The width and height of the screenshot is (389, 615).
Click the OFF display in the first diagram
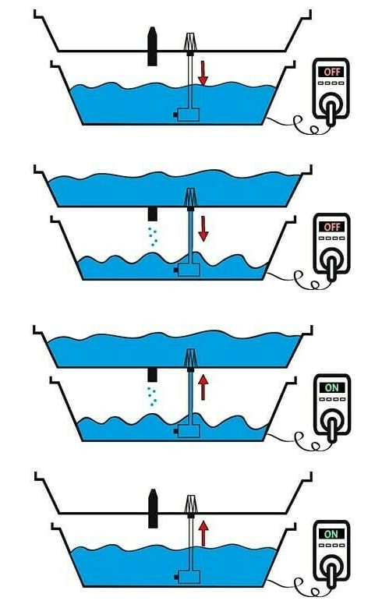pos(332,72)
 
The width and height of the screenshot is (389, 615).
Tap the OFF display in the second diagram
pos(332,227)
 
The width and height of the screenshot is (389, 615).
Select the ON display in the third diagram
pos(332,387)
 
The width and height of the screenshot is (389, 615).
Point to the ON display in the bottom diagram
pos(331,534)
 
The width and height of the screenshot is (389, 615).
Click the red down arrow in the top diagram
pos(203,73)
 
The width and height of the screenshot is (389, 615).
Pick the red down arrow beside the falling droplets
pos(203,228)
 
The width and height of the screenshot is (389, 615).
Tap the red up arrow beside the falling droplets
pos(203,387)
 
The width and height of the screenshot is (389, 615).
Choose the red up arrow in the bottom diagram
pos(203,533)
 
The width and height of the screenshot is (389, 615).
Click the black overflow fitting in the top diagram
pos(153,46)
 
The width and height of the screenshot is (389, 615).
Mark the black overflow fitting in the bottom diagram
pos(153,508)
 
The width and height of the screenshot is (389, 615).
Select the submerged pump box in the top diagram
pos(187,115)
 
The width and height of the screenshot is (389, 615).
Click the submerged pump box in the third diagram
pos(187,431)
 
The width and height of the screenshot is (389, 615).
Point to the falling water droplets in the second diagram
pos(153,236)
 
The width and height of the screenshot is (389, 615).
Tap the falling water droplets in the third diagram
pos(152,396)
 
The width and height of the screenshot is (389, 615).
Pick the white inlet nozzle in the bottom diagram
pos(190,505)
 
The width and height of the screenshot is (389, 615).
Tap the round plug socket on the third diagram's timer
pos(331,421)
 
